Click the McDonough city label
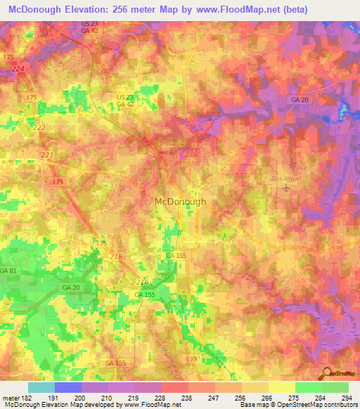click(x=180, y=201)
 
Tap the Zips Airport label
click(x=286, y=178)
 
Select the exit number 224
click(x=18, y=68)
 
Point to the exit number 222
click(x=39, y=126)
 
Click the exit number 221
click(x=47, y=155)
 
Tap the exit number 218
click(x=117, y=257)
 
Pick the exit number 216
click(x=141, y=281)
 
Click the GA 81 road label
click(x=8, y=271)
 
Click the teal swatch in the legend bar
click(x=41, y=387)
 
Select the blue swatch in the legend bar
click(x=68, y=387)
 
